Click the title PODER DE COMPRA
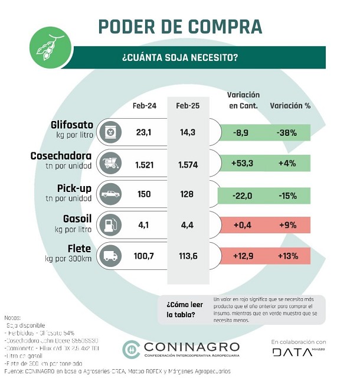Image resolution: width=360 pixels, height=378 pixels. [x=179, y=27]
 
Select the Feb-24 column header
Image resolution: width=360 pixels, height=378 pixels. [x=144, y=106]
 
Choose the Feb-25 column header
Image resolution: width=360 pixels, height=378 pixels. [x=188, y=106]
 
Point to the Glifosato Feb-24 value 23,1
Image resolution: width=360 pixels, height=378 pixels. [x=144, y=132]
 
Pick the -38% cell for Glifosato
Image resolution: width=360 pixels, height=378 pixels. [x=286, y=132]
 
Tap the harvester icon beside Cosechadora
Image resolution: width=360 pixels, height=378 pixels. [x=110, y=164]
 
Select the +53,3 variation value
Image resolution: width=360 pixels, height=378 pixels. [x=242, y=164]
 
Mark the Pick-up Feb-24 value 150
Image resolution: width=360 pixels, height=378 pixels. [x=144, y=195]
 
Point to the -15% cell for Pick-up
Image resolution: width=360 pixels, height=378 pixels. [x=286, y=195]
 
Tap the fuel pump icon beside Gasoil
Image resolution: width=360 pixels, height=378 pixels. [x=110, y=225]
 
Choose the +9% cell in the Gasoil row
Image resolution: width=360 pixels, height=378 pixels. [x=286, y=226]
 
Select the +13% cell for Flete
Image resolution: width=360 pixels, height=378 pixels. [x=286, y=256]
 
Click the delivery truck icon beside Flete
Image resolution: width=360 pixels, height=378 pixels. [x=110, y=256]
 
